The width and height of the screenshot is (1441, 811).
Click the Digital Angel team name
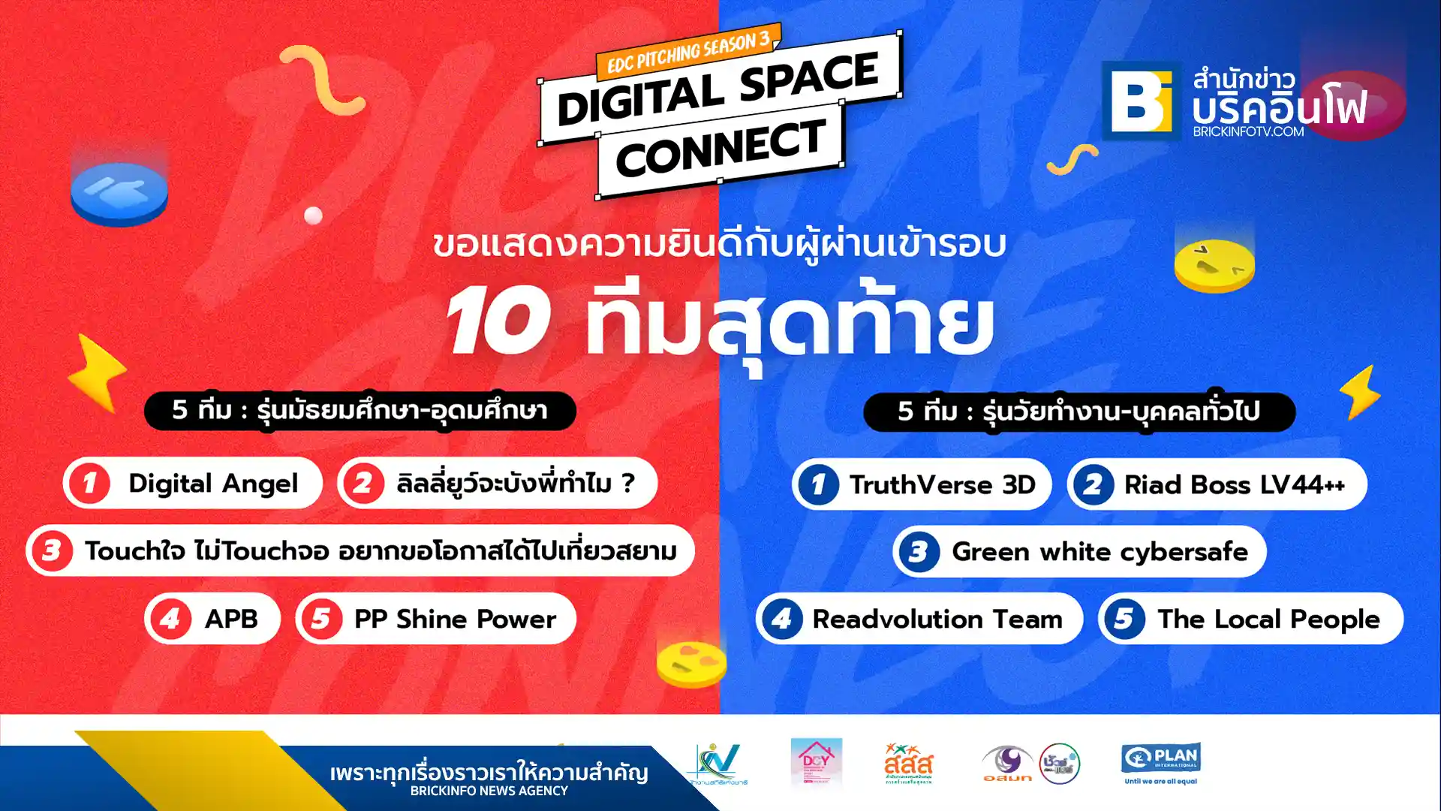point(213,484)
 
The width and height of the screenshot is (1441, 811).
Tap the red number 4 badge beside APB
point(170,619)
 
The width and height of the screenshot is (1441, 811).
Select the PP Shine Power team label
point(455,619)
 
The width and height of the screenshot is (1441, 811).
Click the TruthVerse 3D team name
point(942,485)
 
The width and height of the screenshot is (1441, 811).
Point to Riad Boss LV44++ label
point(1235,485)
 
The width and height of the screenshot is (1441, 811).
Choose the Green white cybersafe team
point(1100,552)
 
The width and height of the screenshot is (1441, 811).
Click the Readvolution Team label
point(937,620)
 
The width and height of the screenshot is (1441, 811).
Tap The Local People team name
point(1268,620)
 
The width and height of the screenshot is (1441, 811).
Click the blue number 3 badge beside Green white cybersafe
point(918,552)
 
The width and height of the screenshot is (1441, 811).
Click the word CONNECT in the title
point(720,149)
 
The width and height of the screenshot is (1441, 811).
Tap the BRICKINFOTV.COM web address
point(1248,131)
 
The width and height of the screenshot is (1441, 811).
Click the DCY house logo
point(816,761)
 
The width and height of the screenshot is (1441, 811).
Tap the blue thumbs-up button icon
point(119,191)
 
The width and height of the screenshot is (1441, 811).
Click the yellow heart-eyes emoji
point(691,662)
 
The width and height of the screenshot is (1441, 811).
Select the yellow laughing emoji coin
point(1214,264)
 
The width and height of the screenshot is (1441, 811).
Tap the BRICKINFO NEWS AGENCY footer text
point(489,791)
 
